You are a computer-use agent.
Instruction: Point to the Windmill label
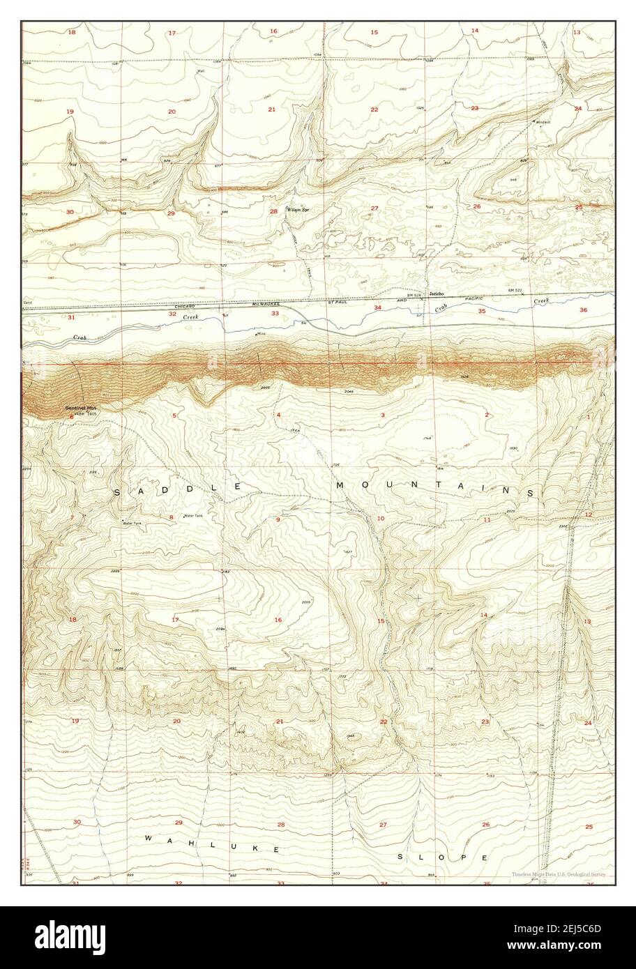(543, 122)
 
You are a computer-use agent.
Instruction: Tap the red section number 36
(583, 310)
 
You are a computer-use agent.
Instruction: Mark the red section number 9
(278, 519)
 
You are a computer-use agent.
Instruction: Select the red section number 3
(383, 415)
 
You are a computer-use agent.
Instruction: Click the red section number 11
(487, 520)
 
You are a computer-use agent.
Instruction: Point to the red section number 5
(174, 415)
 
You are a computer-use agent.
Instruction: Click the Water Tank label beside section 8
(193, 516)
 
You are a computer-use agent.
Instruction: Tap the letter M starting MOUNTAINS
(341, 484)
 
